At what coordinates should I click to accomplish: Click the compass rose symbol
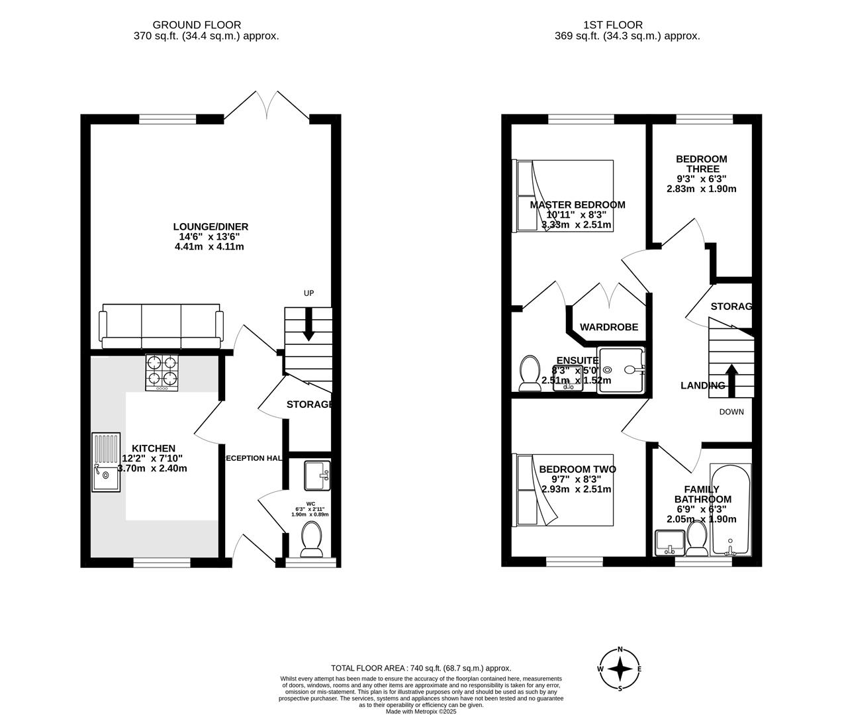tap(620, 669)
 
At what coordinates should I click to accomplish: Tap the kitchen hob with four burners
tap(162, 373)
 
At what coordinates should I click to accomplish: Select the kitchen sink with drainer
tap(106, 461)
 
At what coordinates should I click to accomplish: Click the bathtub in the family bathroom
tap(730, 510)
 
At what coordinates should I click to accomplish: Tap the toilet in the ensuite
tap(530, 373)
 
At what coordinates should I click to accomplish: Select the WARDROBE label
tap(609, 327)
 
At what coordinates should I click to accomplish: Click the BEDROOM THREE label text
tap(701, 164)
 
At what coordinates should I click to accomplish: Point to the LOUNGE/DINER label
tap(211, 227)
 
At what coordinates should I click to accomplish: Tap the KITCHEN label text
tap(153, 448)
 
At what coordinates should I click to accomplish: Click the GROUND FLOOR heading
tap(206, 25)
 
